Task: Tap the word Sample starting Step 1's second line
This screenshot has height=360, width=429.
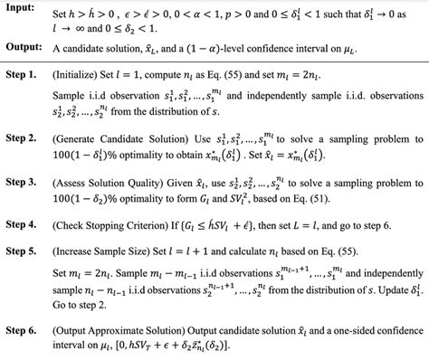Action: pyautogui.click(x=96, y=119)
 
